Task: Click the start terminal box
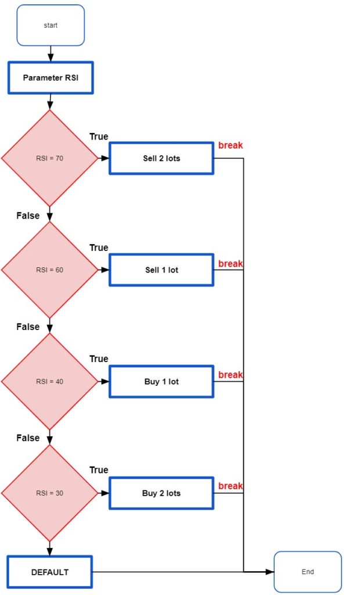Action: [51, 25]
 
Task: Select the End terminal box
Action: [307, 572]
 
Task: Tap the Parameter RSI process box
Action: [51, 77]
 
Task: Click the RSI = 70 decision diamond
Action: [49, 158]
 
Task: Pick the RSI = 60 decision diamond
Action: [49, 270]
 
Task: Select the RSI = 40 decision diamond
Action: [49, 381]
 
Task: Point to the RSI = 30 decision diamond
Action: [49, 493]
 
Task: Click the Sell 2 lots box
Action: [161, 158]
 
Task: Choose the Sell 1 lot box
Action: [161, 270]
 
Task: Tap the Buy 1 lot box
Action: [161, 381]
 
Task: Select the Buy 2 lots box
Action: [161, 493]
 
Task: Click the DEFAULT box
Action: [50, 572]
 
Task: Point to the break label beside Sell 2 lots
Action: [231, 145]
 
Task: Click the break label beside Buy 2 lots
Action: [231, 486]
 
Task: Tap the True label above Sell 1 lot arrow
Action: [99, 248]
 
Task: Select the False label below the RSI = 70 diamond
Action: [28, 216]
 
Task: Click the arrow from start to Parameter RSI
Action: [51, 53]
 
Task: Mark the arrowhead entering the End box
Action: [269, 572]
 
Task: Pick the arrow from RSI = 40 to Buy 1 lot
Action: [103, 381]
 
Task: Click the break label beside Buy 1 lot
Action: [231, 375]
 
